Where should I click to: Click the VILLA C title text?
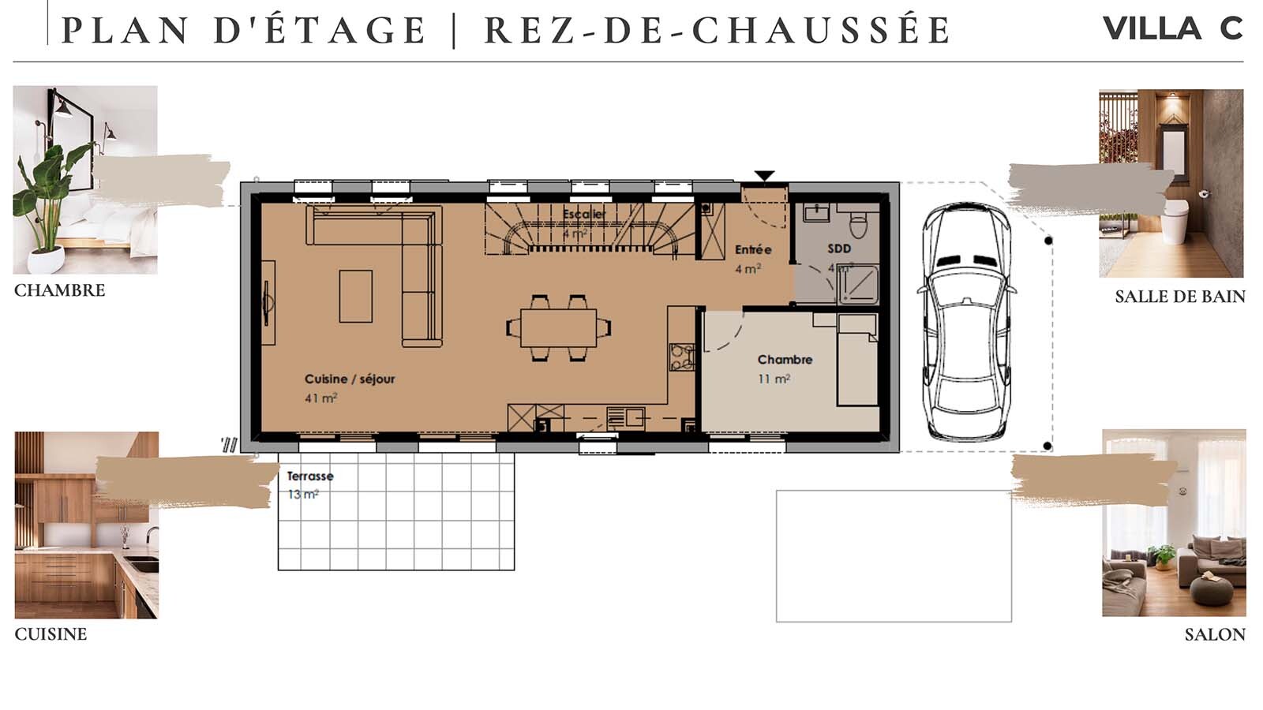[x=1172, y=29]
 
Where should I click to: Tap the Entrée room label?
[x=752, y=249]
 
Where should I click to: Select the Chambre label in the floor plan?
[x=785, y=360]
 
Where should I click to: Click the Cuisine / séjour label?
[x=350, y=379]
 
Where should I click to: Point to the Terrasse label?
[x=309, y=476]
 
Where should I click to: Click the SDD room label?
[x=839, y=248]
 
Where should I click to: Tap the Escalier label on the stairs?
[x=584, y=215]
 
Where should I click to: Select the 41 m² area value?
[x=320, y=398]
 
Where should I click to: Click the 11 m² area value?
[x=774, y=379]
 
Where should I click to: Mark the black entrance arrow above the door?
[x=764, y=176]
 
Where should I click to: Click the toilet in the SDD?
[x=859, y=223]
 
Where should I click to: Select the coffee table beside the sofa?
[x=356, y=297]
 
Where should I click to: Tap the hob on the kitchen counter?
[x=681, y=357]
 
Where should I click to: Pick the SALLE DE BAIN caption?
[x=1179, y=297]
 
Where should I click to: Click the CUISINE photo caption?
[x=51, y=634]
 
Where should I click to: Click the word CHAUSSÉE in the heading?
[x=821, y=30]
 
